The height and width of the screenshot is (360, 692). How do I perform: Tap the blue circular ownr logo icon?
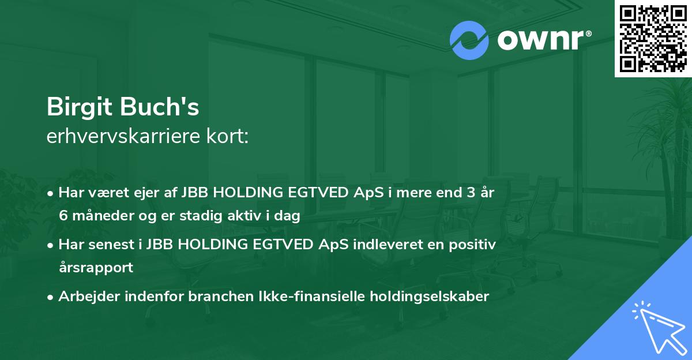[x=469, y=40]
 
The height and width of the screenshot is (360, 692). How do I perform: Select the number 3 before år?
[x=470, y=193]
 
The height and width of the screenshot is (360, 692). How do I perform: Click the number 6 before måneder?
[x=64, y=216]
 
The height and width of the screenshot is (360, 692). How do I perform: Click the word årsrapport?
[x=96, y=268]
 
